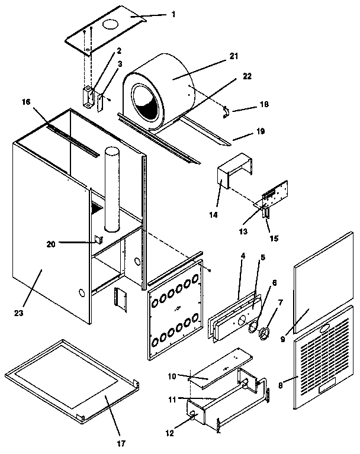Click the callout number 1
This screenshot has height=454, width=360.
click(173, 14)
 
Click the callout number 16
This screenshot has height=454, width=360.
click(25, 102)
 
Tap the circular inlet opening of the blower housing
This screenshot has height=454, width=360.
click(146, 101)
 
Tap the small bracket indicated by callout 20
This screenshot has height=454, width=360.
click(98, 239)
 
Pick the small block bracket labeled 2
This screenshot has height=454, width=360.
click(89, 96)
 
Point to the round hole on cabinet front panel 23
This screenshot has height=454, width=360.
click(81, 293)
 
